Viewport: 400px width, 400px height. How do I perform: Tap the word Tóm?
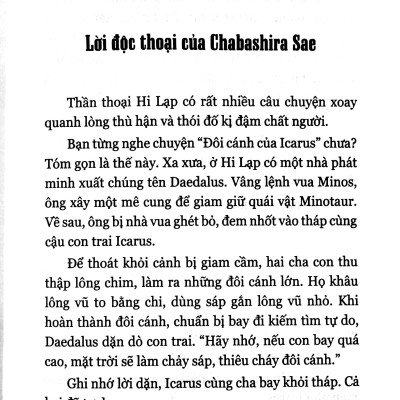pos(52,184)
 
